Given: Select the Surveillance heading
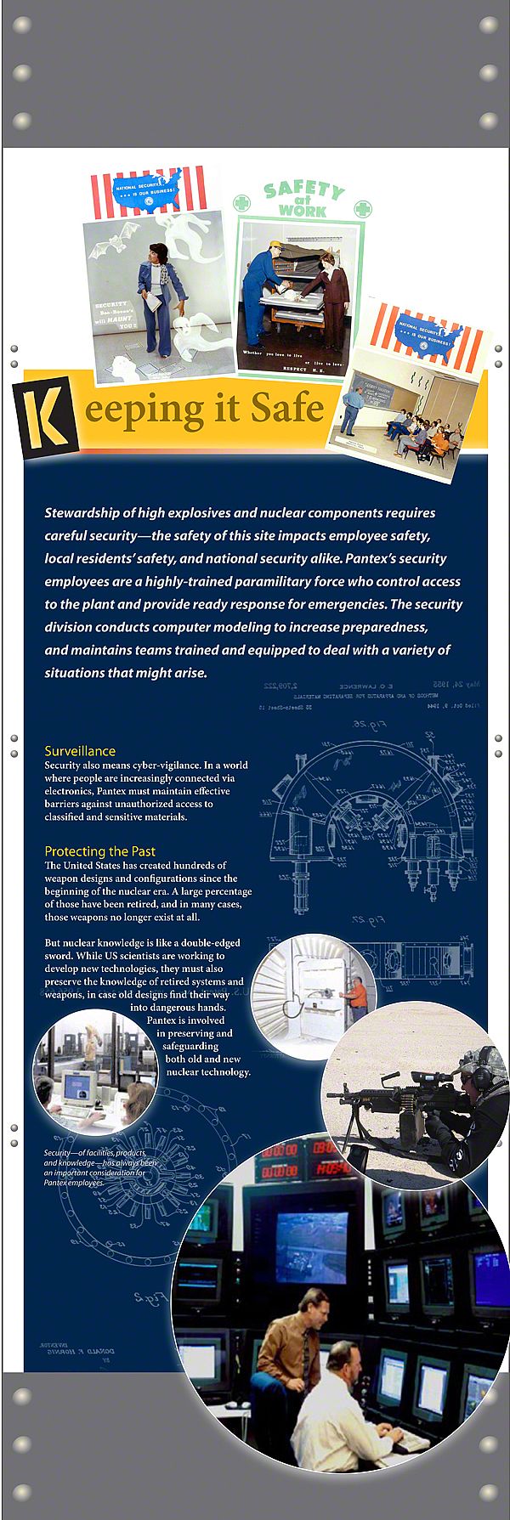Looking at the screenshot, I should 80,751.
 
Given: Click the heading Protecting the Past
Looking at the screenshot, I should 99,850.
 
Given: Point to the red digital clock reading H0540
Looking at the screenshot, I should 334,1170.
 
